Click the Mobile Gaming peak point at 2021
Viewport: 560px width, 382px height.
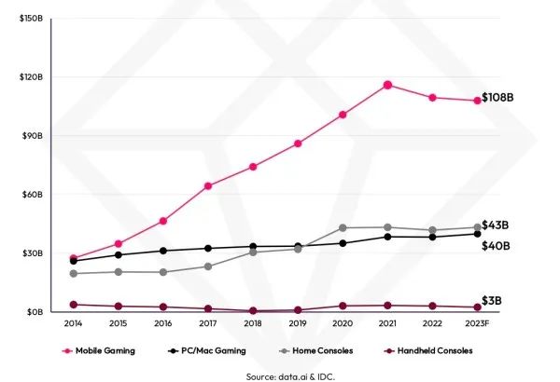(387, 85)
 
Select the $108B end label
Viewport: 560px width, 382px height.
(498, 98)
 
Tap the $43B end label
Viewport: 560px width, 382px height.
(496, 225)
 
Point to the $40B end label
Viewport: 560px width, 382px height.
(496, 245)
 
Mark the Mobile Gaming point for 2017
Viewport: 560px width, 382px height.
(208, 186)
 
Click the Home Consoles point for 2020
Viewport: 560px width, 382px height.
(343, 227)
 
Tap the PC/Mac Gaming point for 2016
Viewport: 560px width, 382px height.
(163, 251)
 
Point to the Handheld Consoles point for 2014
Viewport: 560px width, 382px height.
(74, 305)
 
